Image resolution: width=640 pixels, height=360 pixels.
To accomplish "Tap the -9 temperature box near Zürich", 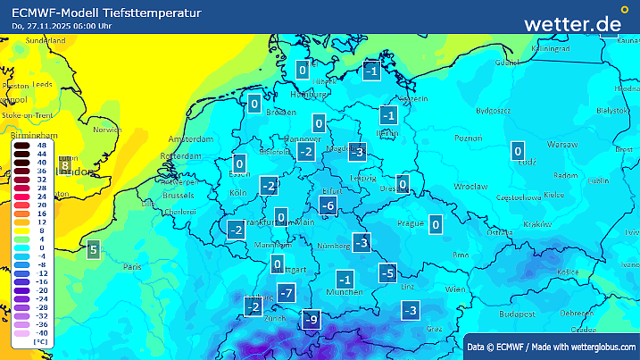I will coord(312,319).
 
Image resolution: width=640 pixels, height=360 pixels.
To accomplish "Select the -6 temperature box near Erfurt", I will coord(328,207).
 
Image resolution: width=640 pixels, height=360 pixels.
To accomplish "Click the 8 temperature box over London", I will coord(64,165).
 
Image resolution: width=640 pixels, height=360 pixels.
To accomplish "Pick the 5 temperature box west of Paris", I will coord(93,250).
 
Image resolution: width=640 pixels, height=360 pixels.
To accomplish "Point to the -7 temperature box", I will coord(286,293).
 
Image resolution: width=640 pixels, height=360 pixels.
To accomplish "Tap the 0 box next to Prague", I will coord(436,224).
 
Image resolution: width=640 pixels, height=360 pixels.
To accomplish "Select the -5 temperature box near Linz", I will coord(387,272).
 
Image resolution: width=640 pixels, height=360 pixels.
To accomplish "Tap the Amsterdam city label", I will coord(191,140).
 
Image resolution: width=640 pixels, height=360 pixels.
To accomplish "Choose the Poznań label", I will coord(469,138).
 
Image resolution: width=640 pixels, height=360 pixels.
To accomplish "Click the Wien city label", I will coord(455,290).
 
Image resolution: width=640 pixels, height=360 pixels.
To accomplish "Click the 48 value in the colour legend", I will coord(41,144).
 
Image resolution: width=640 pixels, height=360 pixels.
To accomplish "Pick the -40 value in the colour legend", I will coord(41,332).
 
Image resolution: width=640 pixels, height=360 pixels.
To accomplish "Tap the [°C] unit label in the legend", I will coord(40,342).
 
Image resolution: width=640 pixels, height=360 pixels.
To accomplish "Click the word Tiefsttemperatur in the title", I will coord(152,12).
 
